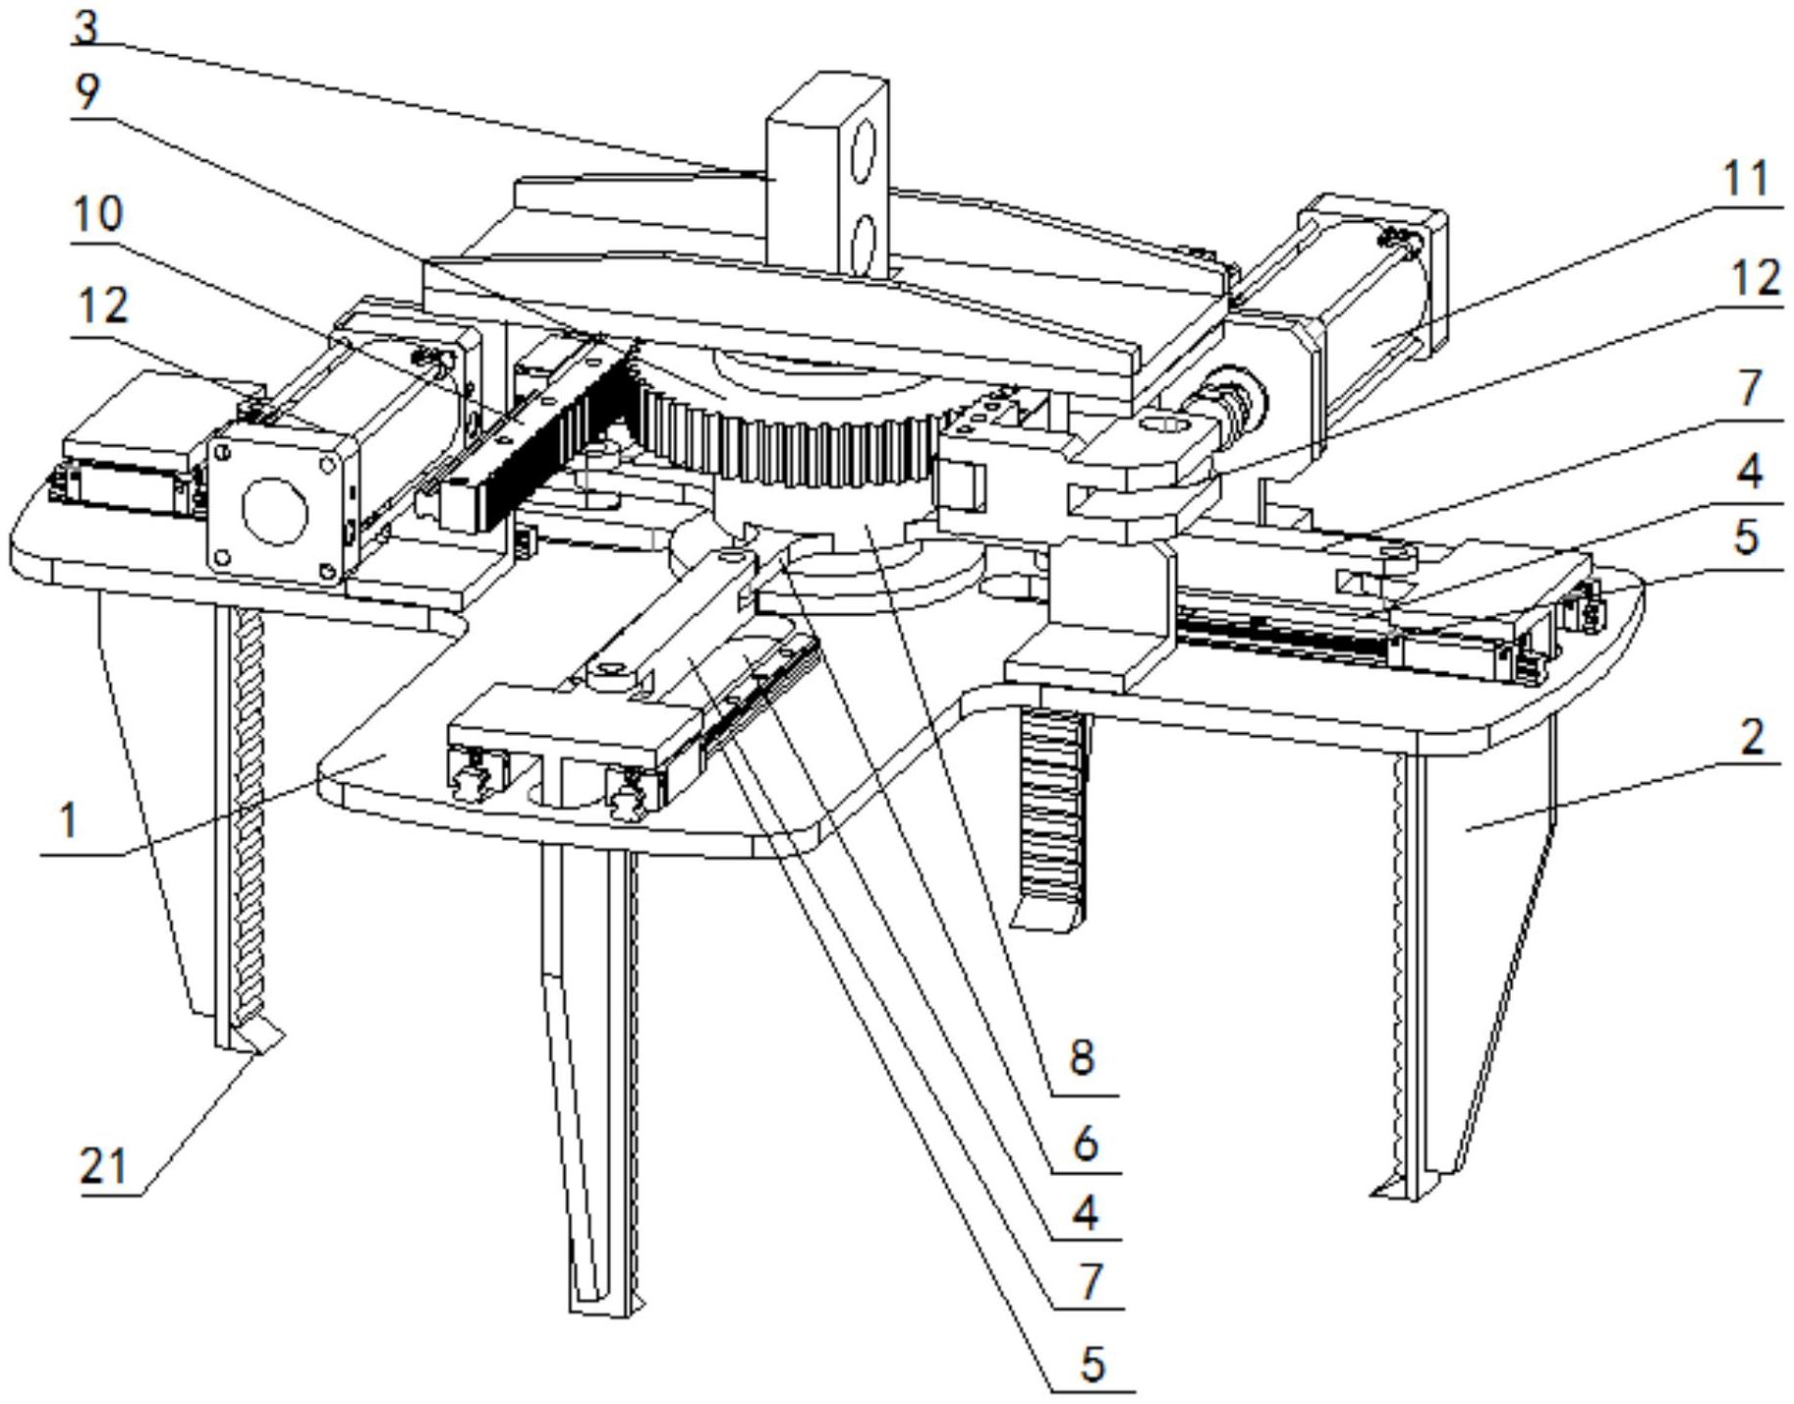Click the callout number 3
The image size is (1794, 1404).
click(86, 26)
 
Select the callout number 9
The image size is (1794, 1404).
click(86, 93)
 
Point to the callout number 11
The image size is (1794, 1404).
click(1746, 181)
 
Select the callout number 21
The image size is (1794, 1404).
click(103, 1167)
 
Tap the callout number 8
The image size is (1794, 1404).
click(1081, 1058)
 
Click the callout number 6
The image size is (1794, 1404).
click(1085, 1144)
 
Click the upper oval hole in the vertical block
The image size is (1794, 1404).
click(863, 152)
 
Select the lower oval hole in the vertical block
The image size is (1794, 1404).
click(863, 242)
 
